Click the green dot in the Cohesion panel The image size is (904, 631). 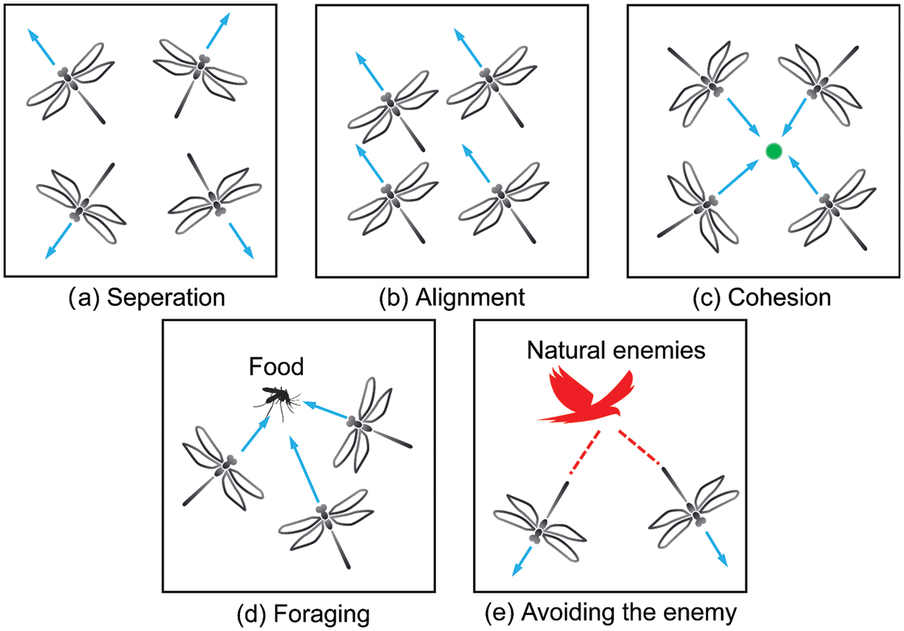[x=774, y=151]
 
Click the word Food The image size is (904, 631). [x=276, y=367]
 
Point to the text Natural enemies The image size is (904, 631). [x=616, y=350]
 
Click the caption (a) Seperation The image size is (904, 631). [x=147, y=297]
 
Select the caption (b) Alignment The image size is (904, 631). [x=452, y=297]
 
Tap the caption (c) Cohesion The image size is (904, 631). [x=762, y=297]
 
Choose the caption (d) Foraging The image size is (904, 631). [x=303, y=614]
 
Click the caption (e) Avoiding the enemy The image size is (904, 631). [x=610, y=613]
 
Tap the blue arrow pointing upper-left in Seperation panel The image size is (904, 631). [x=40, y=46]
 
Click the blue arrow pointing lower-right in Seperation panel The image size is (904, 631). [x=241, y=240]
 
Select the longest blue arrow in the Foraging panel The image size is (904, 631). [x=304, y=468]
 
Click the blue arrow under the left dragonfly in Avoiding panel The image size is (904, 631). [x=522, y=561]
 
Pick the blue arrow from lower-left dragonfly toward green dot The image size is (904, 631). [x=739, y=177]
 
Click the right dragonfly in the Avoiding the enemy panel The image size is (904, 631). [x=695, y=511]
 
